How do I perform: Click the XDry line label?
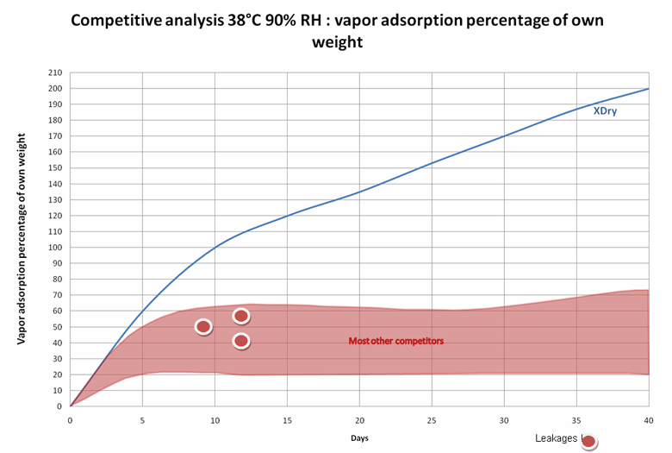point(604,110)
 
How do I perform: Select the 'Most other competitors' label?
point(395,341)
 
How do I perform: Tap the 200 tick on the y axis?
point(56,88)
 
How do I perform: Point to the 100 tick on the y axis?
point(56,247)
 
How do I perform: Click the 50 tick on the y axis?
point(58,326)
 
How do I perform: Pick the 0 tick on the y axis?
point(60,406)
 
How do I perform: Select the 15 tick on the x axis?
point(287,419)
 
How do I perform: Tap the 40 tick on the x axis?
point(648,419)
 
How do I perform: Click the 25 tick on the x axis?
point(431,419)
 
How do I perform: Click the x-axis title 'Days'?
point(359,438)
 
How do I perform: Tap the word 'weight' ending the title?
point(337,41)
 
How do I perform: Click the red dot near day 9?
point(203,327)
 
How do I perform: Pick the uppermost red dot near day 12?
point(241,316)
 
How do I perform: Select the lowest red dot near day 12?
point(241,342)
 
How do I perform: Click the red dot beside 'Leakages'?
point(588,443)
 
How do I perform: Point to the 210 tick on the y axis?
point(56,72)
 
